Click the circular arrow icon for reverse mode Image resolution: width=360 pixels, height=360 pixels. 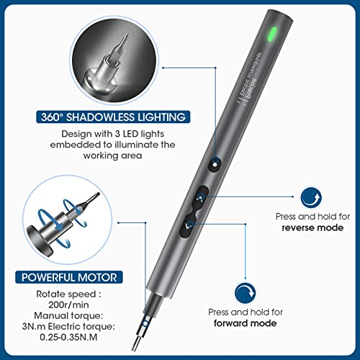tap(310, 196)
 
